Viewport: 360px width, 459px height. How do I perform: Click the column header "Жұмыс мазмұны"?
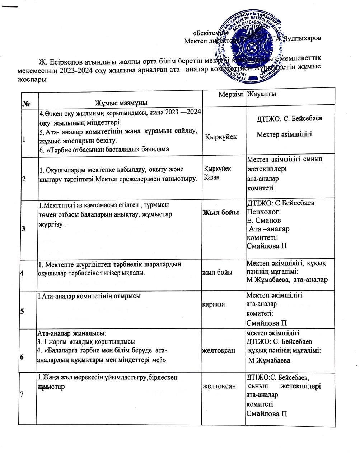coord(121,103)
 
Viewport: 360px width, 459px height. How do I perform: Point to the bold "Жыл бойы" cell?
coord(221,213)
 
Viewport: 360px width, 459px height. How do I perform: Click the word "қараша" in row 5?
coord(215,304)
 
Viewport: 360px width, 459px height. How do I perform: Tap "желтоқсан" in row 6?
coord(219,350)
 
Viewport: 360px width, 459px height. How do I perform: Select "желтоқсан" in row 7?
coord(219,386)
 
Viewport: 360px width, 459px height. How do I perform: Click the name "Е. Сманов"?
coord(264,220)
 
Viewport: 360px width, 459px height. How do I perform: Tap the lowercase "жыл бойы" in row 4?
coord(218,273)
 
